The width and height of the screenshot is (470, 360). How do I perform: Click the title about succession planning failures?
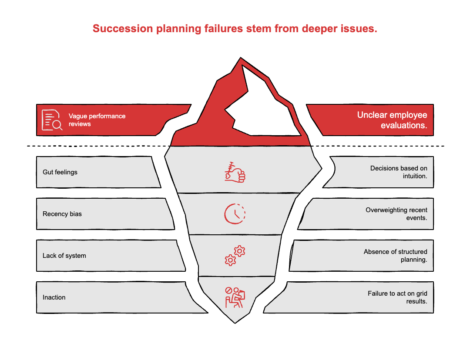click(x=235, y=29)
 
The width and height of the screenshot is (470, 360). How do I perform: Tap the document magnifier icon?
click(x=52, y=120)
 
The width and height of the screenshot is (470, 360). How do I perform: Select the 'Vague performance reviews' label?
click(x=97, y=120)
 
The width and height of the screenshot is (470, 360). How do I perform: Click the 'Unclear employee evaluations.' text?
click(x=392, y=120)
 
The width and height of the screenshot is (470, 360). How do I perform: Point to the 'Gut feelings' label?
click(x=60, y=172)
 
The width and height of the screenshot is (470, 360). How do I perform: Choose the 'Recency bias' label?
click(x=62, y=214)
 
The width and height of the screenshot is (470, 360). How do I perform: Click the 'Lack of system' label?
click(x=64, y=256)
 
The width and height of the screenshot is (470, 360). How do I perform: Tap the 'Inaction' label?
click(x=54, y=297)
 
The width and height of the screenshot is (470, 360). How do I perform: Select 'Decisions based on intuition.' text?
click(x=398, y=172)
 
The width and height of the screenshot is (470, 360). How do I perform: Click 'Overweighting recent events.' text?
click(x=396, y=214)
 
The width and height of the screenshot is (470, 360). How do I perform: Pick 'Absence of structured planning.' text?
click(x=395, y=256)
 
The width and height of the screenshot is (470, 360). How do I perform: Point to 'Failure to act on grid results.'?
click(x=397, y=297)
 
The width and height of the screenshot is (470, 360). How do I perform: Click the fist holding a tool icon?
click(x=235, y=172)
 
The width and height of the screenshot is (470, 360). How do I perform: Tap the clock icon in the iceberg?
click(x=235, y=213)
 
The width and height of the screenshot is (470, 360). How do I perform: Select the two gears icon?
click(x=235, y=256)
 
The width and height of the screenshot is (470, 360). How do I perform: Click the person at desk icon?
click(x=235, y=297)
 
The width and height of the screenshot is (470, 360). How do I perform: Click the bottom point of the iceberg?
click(x=235, y=322)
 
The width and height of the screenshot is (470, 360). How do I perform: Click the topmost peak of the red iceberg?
click(x=240, y=59)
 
